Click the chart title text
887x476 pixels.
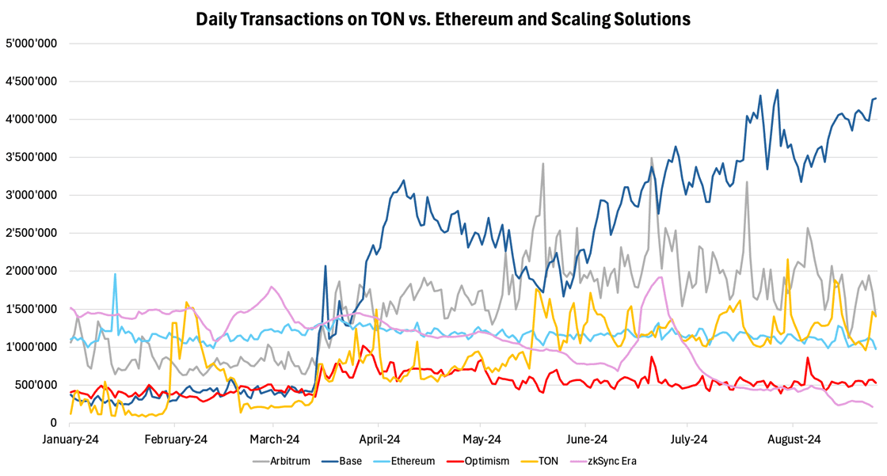point(443,17)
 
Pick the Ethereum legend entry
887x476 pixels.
point(406,461)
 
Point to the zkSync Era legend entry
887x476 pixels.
point(601,461)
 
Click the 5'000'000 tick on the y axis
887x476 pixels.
point(31,44)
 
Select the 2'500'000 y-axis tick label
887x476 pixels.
point(31,233)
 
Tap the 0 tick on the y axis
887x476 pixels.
point(53,423)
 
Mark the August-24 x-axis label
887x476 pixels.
point(793,439)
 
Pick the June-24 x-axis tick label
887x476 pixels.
point(587,439)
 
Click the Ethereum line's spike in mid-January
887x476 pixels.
point(115,274)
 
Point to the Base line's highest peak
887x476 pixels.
point(777,89)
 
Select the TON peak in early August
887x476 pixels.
point(787,259)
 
